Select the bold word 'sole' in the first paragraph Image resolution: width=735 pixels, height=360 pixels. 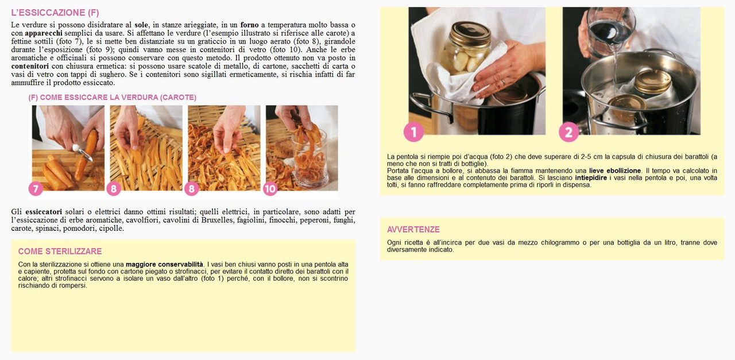tap(141, 25)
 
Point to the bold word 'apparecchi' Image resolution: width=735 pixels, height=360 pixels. tap(44, 33)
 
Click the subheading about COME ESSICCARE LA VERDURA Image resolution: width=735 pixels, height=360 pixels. tap(112, 97)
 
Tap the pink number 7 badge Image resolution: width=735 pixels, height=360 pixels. tap(36, 188)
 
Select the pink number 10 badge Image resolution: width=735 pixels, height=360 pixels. tap(270, 188)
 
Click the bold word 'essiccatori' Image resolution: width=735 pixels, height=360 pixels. tap(44, 212)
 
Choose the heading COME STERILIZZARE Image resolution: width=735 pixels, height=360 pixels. tap(60, 251)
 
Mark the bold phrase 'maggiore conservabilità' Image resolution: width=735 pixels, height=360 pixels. tap(164, 264)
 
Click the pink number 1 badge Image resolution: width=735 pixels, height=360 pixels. tap(413, 132)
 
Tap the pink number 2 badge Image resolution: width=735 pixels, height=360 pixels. tap(568, 133)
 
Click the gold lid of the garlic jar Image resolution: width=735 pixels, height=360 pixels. tap(470, 33)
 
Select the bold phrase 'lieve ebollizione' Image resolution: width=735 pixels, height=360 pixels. tap(615, 171)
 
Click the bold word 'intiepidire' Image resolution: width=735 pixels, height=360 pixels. tap(591, 178)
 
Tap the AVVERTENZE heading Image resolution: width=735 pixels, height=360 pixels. tap(413, 229)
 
